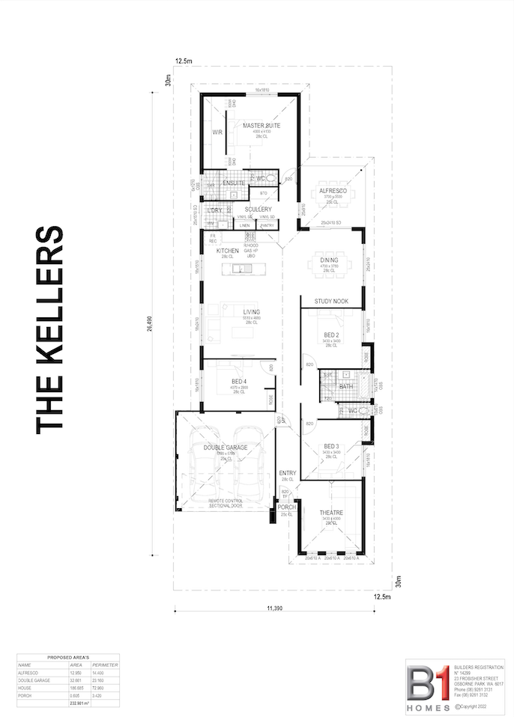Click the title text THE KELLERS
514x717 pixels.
point(50,329)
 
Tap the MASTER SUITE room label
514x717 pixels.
point(261,126)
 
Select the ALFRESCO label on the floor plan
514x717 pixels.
point(333,192)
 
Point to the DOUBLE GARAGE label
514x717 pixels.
point(225,448)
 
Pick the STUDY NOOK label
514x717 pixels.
point(331,301)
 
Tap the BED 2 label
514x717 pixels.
point(331,335)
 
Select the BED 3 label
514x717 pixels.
point(331,445)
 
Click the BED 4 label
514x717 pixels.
point(240,381)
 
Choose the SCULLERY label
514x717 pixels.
point(257,210)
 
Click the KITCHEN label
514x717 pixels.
point(228,250)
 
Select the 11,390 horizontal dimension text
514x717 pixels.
point(273,608)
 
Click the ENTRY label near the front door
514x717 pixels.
point(287,473)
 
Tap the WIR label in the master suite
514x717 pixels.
point(217,132)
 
